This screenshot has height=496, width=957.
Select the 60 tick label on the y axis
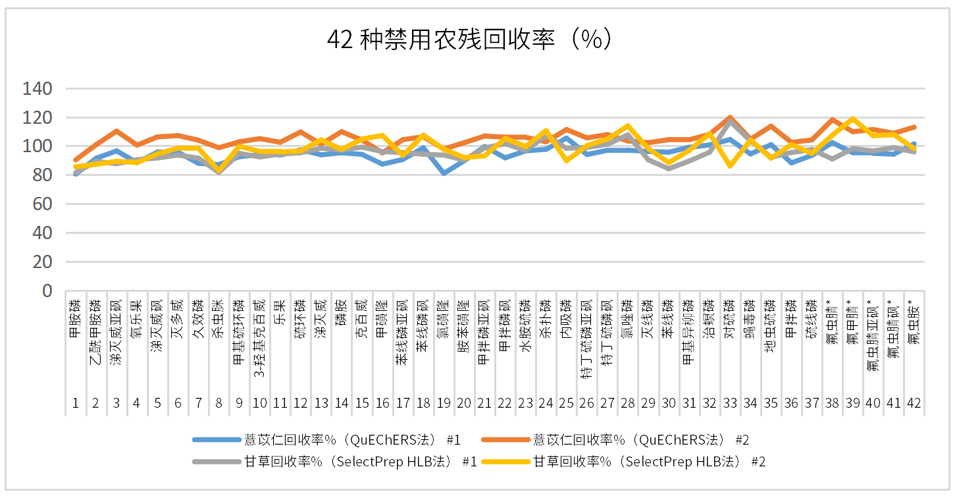click(x=42, y=204)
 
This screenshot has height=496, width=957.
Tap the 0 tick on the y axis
click(x=47, y=290)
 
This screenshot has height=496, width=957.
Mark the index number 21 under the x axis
click(x=484, y=403)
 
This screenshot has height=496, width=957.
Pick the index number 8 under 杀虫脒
click(x=219, y=403)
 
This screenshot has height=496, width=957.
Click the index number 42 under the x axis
click(x=913, y=403)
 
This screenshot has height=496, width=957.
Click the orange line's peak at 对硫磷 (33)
click(x=729, y=118)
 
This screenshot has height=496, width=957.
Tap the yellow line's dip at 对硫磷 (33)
click(x=729, y=165)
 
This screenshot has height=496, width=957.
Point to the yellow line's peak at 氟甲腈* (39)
click(x=852, y=119)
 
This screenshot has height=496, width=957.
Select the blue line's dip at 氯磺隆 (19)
click(x=444, y=173)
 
